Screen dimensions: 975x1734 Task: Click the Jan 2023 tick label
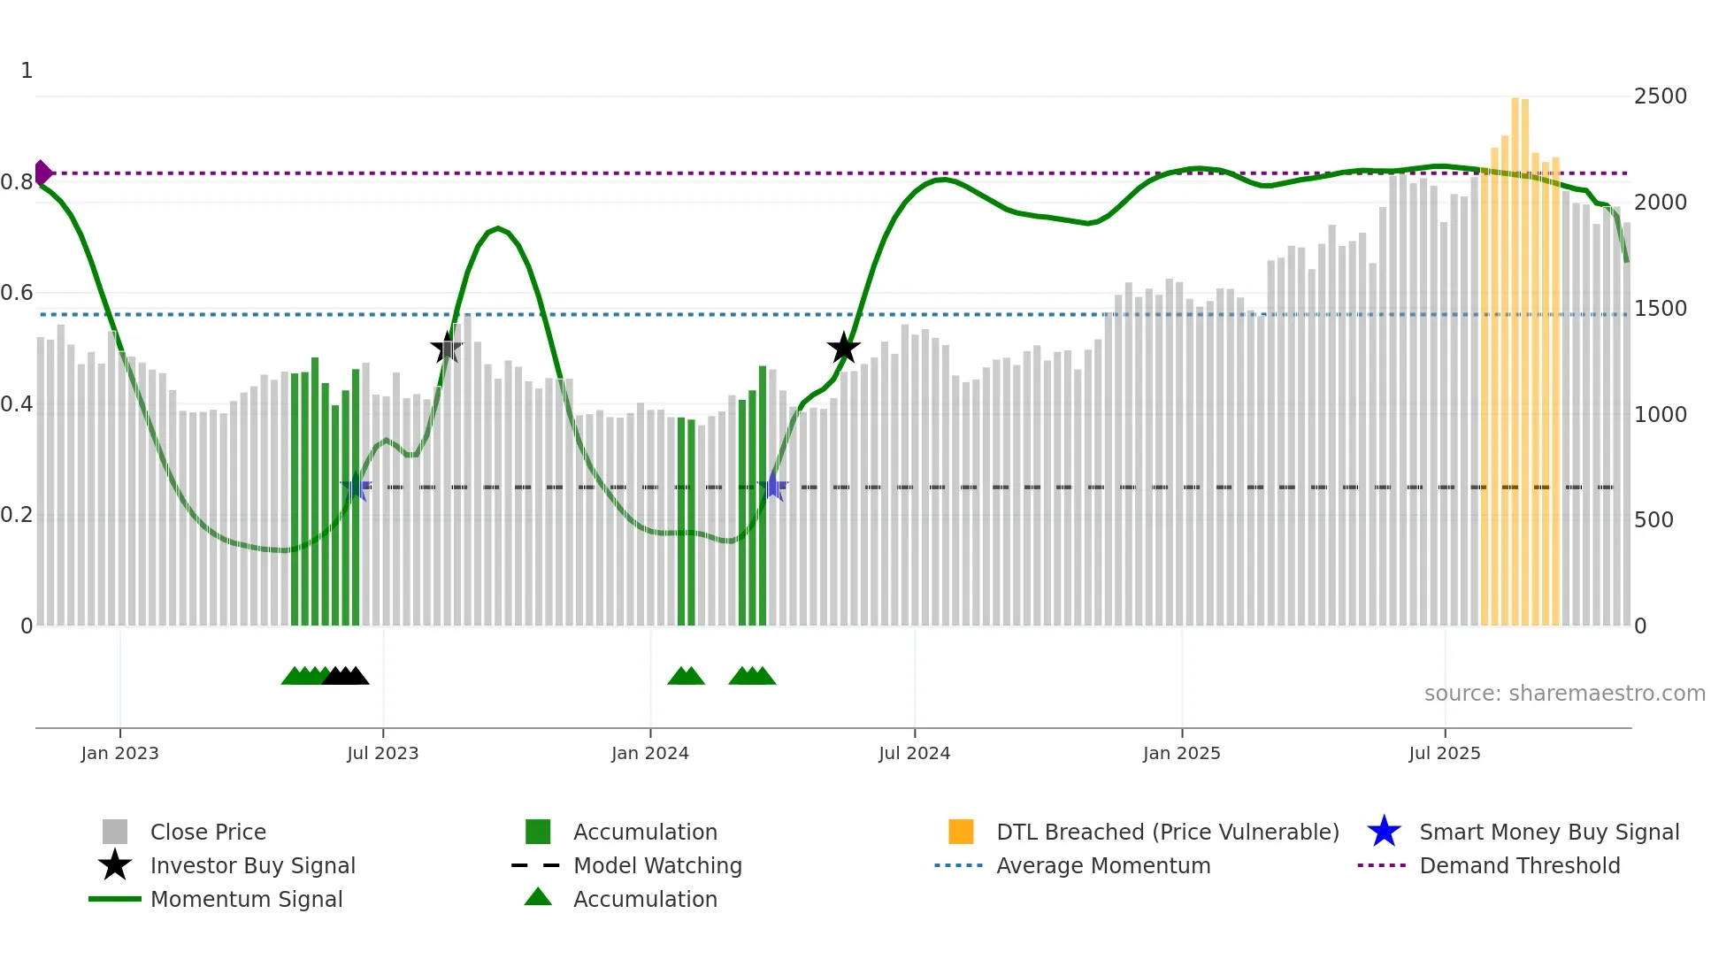click(119, 753)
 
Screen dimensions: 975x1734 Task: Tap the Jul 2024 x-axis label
click(914, 753)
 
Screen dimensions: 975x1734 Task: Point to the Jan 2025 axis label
click(1181, 753)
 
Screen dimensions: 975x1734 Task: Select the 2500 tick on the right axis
click(1660, 96)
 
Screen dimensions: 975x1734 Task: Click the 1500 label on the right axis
click(1660, 309)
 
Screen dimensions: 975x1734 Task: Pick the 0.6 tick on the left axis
click(17, 293)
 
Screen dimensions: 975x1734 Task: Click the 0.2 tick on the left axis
click(17, 515)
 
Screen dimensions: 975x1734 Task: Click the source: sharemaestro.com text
click(1564, 694)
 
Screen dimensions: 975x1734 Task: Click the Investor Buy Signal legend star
click(115, 865)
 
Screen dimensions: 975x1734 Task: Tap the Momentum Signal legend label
click(246, 899)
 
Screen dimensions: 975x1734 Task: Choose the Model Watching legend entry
click(657, 865)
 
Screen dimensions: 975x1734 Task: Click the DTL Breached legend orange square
click(961, 832)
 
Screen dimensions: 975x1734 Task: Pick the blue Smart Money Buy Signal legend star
click(1384, 832)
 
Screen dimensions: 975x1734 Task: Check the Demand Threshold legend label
click(1519, 865)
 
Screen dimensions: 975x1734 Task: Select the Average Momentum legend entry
click(1103, 865)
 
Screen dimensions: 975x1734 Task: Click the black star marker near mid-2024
click(844, 348)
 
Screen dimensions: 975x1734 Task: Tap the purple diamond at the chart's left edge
click(42, 173)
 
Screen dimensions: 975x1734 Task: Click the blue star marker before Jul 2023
click(356, 487)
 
